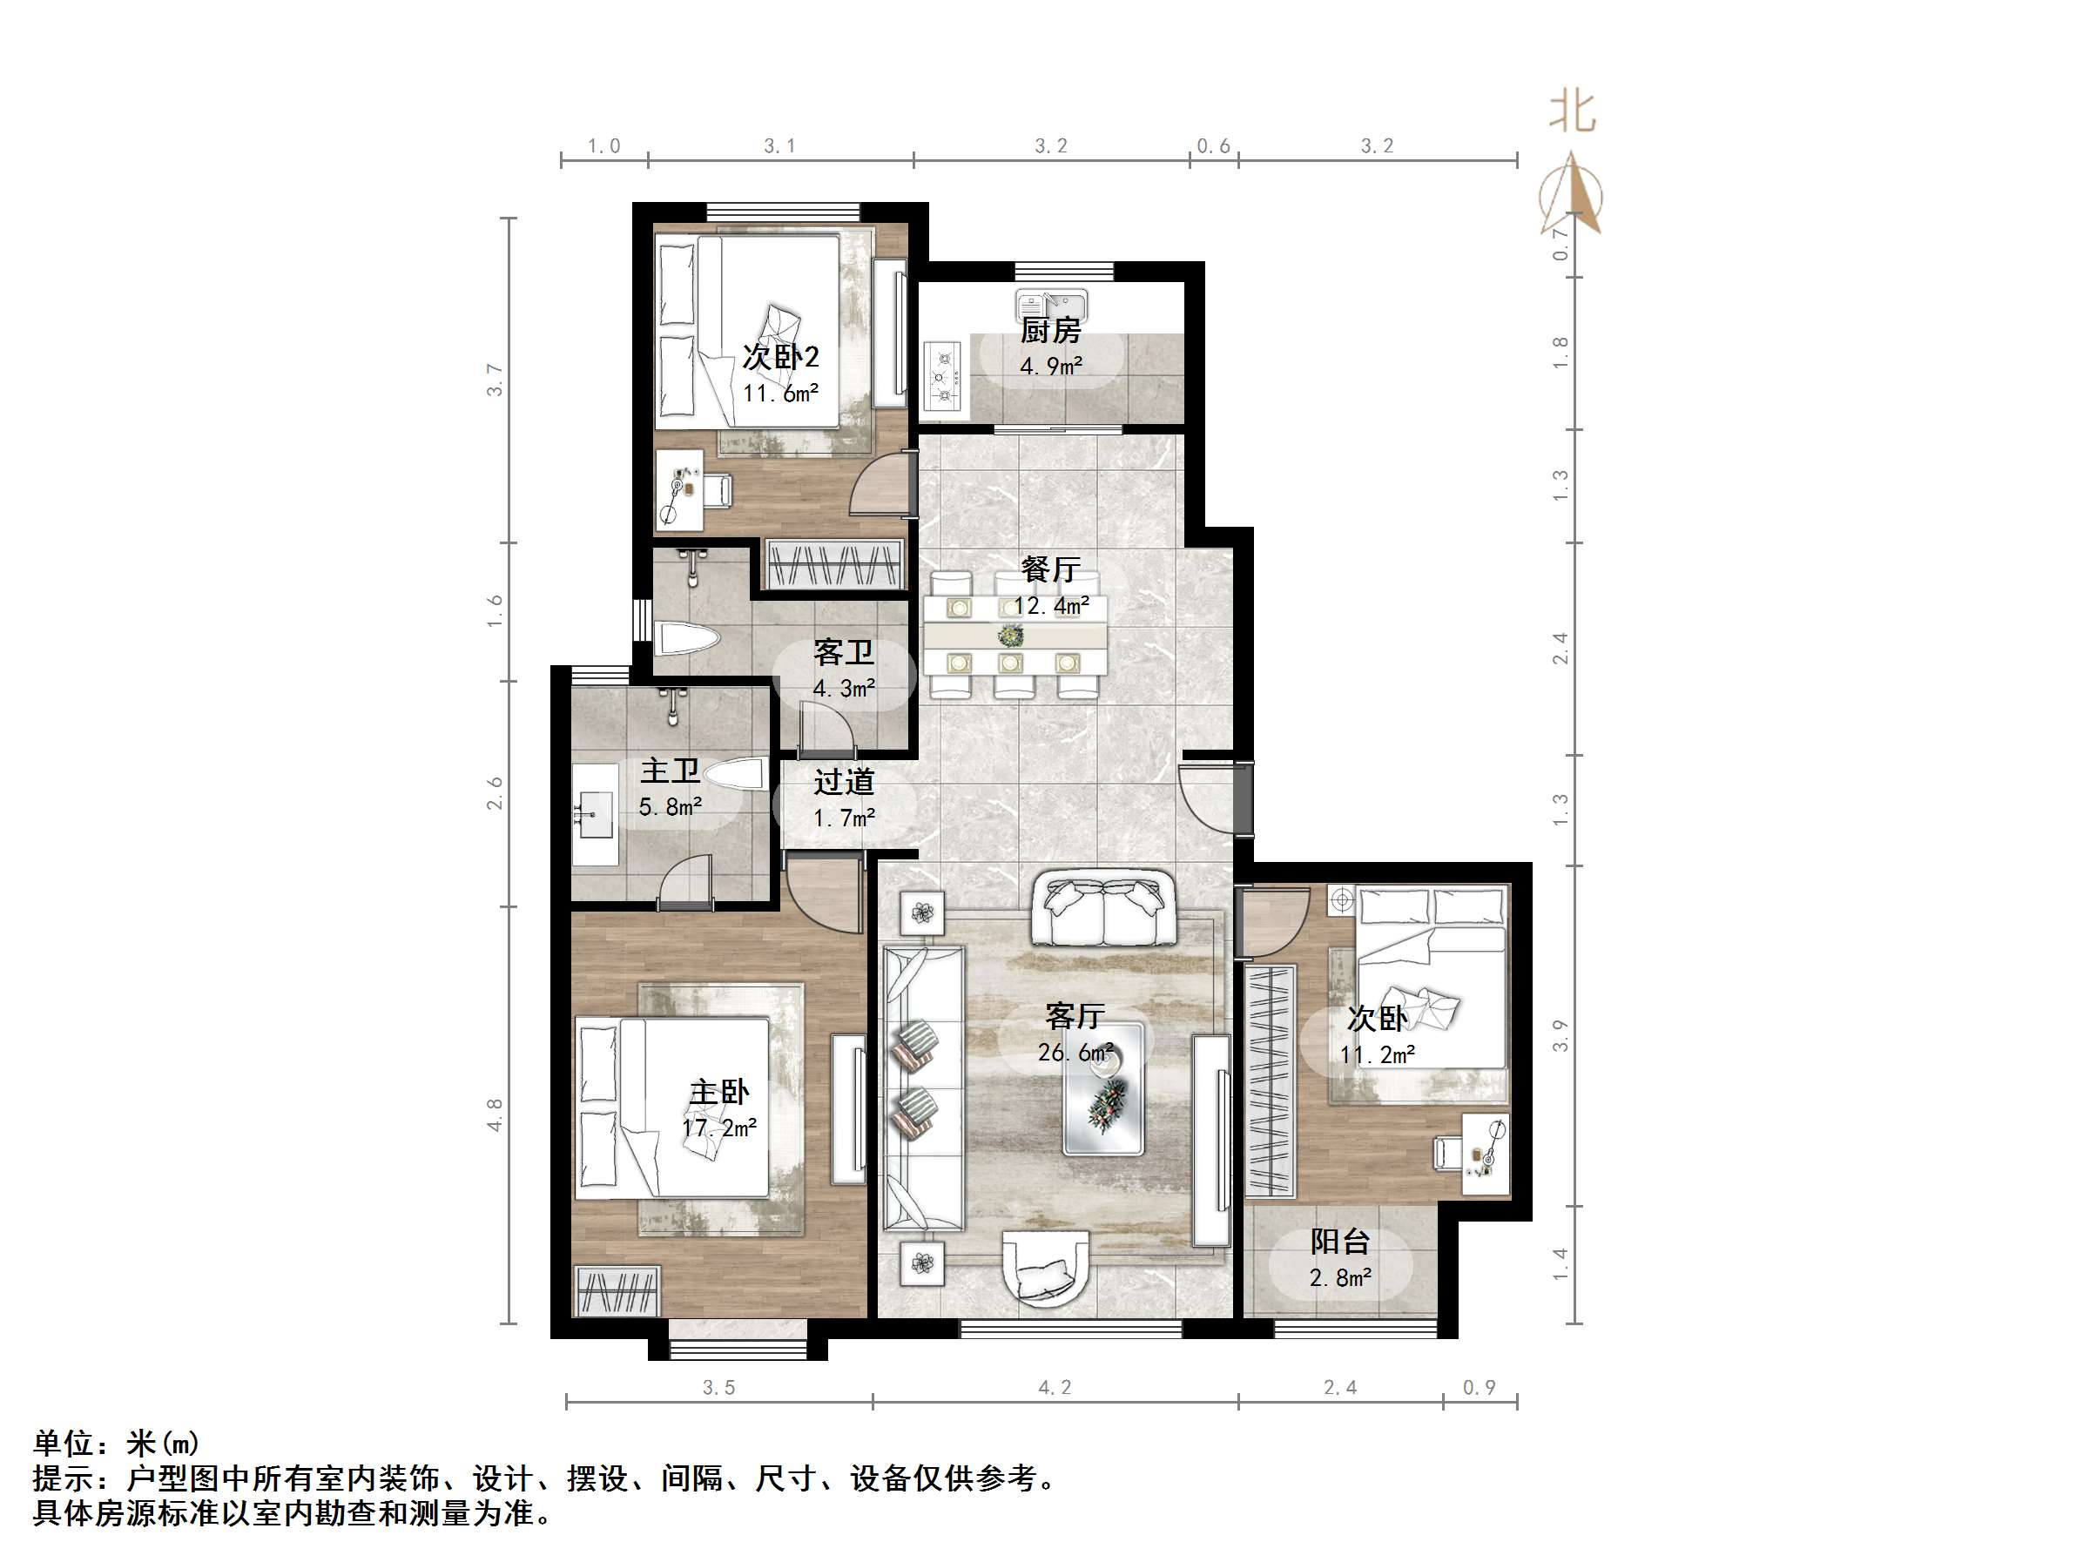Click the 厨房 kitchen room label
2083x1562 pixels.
tap(1050, 331)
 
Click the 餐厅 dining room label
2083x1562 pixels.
tap(1050, 569)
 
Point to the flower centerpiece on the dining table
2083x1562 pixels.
tap(1011, 636)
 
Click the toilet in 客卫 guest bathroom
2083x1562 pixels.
tap(687, 638)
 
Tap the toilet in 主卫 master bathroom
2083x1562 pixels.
tap(734, 777)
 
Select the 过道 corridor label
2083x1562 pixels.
tap(844, 782)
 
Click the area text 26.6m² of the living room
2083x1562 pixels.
tap(1075, 1053)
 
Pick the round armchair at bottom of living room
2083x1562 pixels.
tap(1047, 1269)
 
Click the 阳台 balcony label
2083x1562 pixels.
tap(1339, 1242)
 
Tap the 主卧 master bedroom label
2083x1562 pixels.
tap(719, 1092)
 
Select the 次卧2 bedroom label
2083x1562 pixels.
tap(779, 357)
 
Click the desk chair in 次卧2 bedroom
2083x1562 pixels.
tap(718, 489)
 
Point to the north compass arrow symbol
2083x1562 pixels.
tap(1571, 193)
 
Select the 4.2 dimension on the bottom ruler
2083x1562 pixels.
tap(1054, 1387)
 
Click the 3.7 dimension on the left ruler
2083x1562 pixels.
tap(495, 380)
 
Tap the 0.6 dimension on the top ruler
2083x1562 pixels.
tap(1213, 146)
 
